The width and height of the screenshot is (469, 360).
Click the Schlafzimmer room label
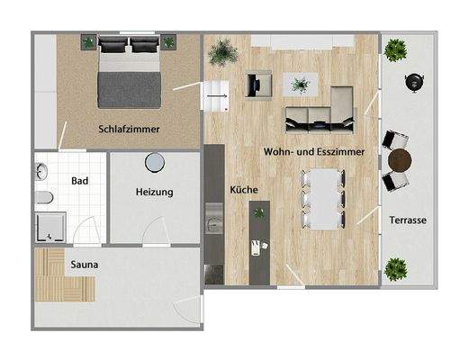(x=130, y=130)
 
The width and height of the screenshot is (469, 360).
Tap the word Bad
(x=79, y=181)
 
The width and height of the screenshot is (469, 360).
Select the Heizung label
(x=154, y=193)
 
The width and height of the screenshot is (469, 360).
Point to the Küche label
(x=244, y=191)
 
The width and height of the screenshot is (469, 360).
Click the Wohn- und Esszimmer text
(x=314, y=153)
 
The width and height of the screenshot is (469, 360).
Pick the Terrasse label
(x=408, y=220)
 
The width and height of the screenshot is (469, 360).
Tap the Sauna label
(x=85, y=265)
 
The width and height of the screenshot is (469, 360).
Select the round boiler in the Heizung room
(x=155, y=161)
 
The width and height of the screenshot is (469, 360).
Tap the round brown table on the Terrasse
(x=401, y=161)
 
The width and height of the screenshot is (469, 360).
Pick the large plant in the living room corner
(x=221, y=53)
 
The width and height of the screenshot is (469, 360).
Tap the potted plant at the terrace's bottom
(x=394, y=267)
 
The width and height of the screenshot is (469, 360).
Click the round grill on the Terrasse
(x=415, y=78)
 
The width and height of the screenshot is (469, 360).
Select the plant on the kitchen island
(x=259, y=212)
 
